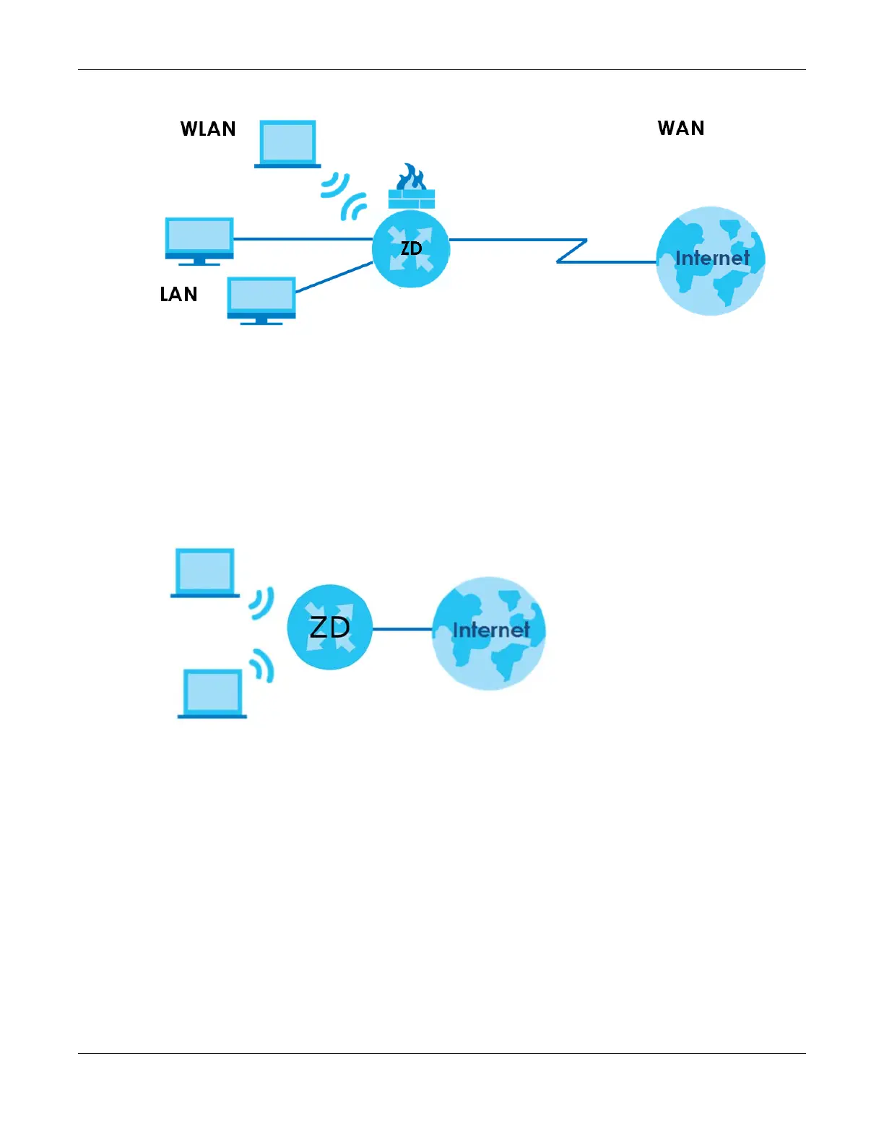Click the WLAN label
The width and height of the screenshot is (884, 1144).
[x=208, y=129]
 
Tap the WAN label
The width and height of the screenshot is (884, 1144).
[x=680, y=128]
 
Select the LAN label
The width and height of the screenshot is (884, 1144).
[x=178, y=294]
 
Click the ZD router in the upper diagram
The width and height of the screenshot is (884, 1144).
[x=411, y=249]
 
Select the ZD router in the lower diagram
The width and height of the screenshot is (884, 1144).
[x=329, y=627]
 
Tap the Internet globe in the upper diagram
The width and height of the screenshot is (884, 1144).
[x=711, y=260]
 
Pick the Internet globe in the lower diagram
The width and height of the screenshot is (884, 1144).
[x=489, y=633]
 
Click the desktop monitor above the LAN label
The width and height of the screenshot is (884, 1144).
[x=199, y=240]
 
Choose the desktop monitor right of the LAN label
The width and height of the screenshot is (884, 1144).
[x=261, y=300]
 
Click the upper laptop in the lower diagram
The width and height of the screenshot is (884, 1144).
[x=205, y=573]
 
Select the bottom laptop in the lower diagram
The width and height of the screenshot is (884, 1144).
[x=212, y=693]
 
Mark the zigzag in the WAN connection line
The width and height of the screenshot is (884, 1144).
[x=572, y=251]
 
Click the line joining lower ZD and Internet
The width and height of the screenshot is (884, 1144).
[x=402, y=629]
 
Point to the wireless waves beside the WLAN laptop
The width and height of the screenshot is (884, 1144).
[x=334, y=185]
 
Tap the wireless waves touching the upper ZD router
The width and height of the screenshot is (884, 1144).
[x=354, y=208]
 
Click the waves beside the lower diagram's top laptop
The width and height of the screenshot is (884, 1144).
[x=261, y=602]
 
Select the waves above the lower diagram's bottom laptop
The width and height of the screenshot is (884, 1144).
[x=263, y=665]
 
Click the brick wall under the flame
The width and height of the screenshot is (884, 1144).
[x=412, y=199]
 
